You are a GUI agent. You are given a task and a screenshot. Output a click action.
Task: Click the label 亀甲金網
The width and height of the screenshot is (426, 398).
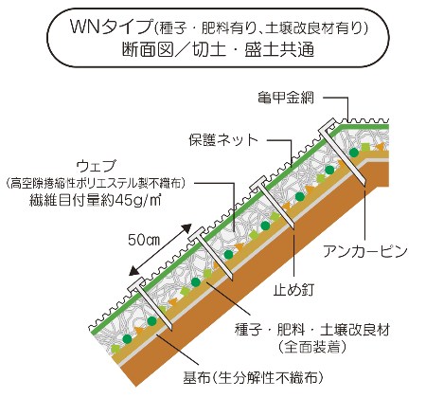click(286, 98)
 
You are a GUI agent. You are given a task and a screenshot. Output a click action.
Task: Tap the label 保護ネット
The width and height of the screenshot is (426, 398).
click(223, 140)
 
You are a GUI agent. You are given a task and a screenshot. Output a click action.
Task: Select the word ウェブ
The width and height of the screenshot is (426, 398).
click(97, 166)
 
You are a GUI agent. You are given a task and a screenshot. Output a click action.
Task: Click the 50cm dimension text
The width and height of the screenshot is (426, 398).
click(144, 240)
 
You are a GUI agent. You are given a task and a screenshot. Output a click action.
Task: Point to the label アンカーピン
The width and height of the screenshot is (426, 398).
click(365, 252)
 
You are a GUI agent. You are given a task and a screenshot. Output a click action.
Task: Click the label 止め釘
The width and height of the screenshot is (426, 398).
click(293, 290)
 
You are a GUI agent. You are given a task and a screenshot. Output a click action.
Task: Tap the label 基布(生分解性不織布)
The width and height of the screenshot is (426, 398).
click(254, 377)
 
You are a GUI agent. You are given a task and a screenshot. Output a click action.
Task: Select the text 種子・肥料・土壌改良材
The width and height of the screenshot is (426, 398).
click(312, 330)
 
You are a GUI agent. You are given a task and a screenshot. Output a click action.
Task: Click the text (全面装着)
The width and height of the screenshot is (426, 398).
click(312, 347)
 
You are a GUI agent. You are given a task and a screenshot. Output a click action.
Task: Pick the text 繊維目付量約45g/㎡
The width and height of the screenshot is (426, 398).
click(95, 200)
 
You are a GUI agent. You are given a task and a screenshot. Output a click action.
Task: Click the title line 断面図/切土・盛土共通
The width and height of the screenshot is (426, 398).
click(218, 49)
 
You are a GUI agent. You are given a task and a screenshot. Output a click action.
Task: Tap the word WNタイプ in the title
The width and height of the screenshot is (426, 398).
click(112, 27)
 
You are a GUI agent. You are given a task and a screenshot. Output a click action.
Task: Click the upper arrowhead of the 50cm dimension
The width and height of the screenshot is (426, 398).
click(186, 228)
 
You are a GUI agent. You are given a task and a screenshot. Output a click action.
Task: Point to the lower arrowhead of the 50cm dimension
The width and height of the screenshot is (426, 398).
click(134, 270)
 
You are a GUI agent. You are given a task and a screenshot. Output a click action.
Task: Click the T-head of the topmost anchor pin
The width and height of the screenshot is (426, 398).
click(328, 125)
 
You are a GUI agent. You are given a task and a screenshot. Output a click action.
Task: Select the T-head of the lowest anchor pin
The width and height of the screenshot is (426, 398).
click(137, 285)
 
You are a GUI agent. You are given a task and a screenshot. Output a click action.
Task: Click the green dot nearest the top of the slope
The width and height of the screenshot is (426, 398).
click(354, 153)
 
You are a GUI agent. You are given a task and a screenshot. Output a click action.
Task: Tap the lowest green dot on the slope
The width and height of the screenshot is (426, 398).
click(127, 339)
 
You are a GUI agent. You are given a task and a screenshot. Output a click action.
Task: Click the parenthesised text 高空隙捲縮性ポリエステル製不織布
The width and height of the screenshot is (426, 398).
click(95, 183)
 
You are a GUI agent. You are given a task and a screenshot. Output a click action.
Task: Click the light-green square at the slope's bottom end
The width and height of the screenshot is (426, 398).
click(115, 349)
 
